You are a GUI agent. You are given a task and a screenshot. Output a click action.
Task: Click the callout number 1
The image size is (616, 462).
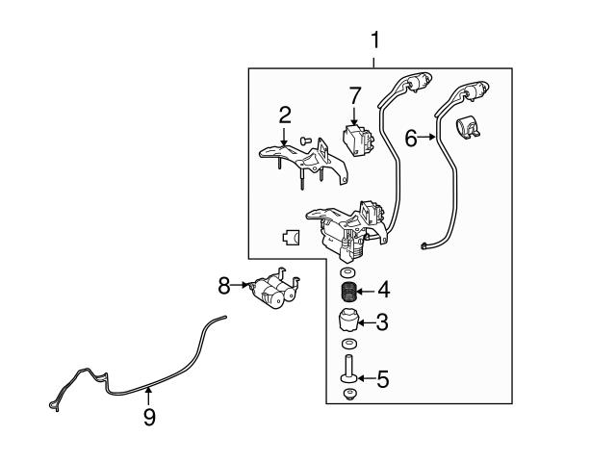375,40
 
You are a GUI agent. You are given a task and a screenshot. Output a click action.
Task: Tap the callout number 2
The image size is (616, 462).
285,115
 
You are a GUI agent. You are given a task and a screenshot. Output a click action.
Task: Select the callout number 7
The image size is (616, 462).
354,96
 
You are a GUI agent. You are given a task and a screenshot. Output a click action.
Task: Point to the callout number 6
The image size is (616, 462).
410,140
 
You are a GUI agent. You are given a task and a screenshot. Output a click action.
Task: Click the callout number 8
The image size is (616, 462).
223,285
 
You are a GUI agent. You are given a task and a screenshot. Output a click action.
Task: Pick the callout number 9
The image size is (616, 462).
149,417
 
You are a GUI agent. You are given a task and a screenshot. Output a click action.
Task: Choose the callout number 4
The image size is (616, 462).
382,289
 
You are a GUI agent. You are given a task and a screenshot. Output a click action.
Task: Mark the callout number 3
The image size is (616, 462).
382,322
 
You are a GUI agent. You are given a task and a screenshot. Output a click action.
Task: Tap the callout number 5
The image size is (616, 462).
382,379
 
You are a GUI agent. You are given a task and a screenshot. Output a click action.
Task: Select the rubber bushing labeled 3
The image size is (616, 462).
348,321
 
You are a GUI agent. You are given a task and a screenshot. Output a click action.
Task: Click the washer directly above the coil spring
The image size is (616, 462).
348,273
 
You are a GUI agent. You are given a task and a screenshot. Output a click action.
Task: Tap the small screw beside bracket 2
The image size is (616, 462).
303,141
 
